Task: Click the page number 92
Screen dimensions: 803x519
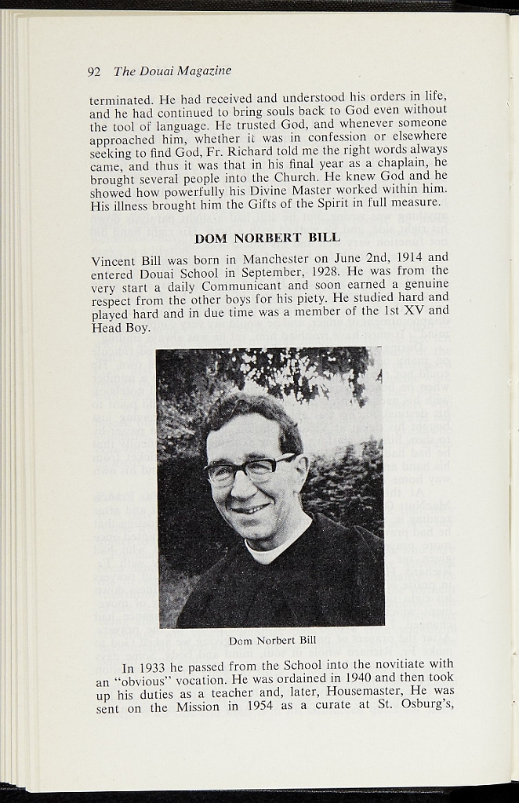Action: click(x=94, y=72)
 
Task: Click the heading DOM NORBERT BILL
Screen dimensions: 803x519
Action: click(x=267, y=238)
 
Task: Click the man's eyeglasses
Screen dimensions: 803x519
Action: click(x=249, y=469)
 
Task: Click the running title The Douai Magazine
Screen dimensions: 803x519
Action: click(x=172, y=71)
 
